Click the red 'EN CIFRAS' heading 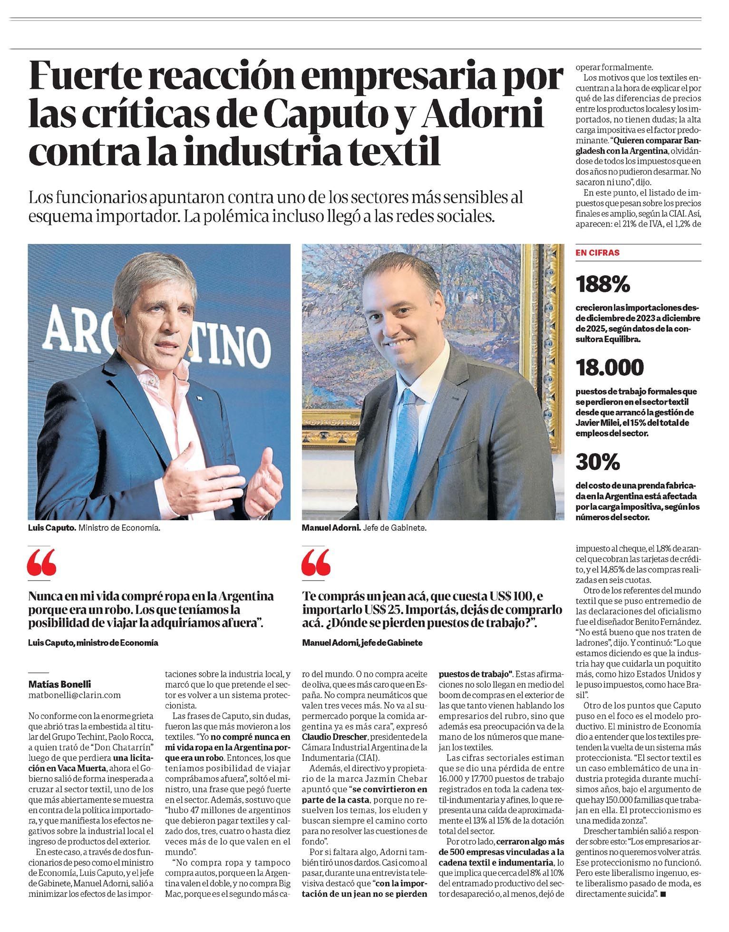coord(597,253)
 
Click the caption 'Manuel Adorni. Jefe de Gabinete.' coord(364,527)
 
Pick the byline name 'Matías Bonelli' coord(59,684)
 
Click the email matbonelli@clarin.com coord(75,695)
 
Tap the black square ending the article coord(663,894)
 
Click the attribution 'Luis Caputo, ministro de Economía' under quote coord(93,642)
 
